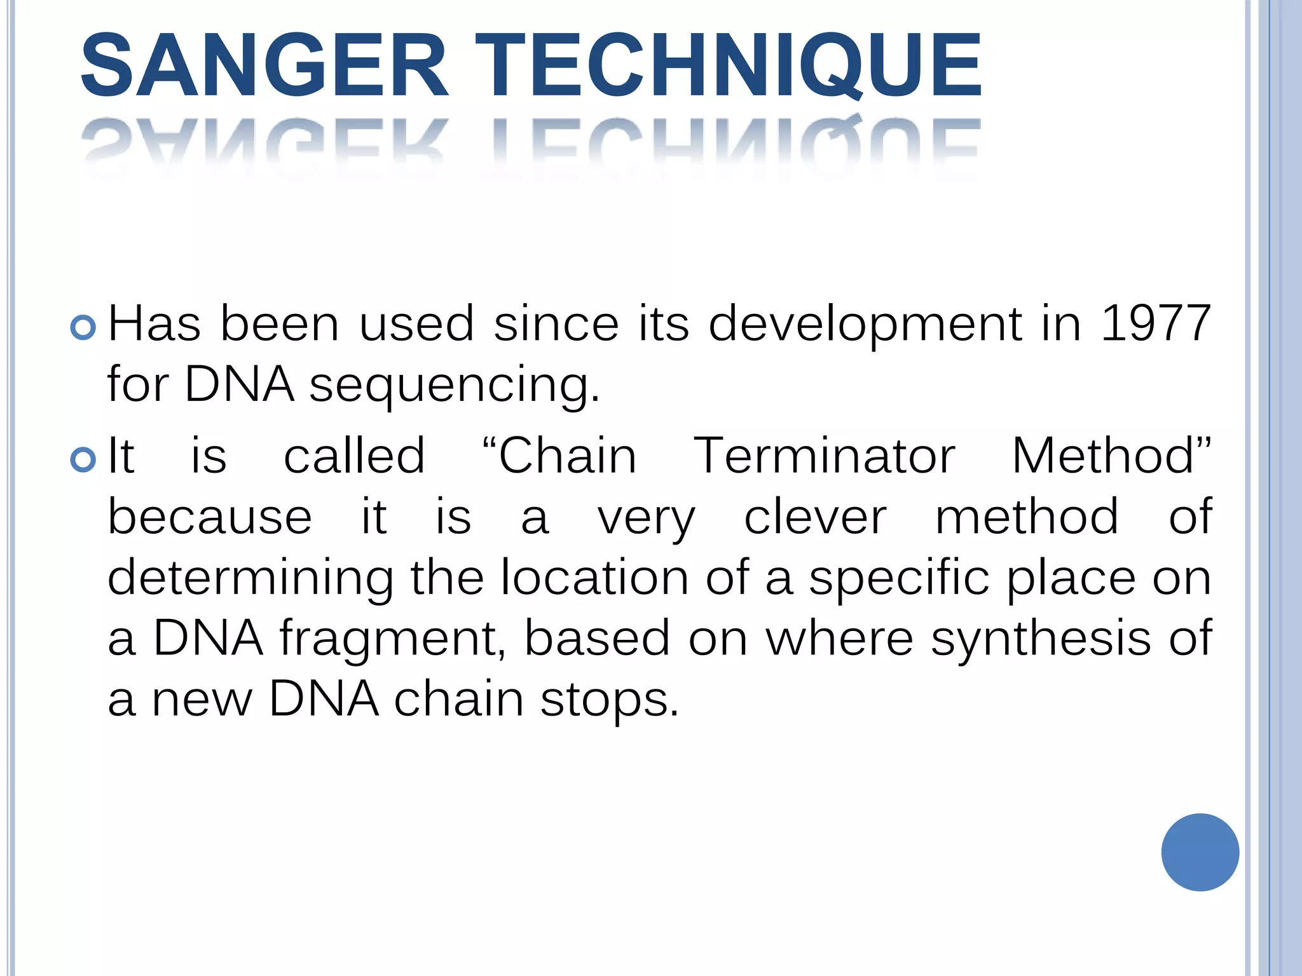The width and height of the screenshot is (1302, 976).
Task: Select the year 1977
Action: (1155, 323)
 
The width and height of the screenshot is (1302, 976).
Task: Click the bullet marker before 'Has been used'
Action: (83, 328)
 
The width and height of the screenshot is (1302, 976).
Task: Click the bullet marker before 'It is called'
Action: (83, 459)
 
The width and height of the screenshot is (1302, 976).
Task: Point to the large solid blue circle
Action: (1200, 852)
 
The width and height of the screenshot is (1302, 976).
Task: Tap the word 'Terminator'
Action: (823, 456)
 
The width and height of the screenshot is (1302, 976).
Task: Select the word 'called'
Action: (354, 456)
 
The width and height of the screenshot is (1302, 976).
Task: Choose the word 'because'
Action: (210, 517)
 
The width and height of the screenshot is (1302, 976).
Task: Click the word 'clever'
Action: (815, 517)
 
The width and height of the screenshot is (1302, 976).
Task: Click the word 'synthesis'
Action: (1041, 638)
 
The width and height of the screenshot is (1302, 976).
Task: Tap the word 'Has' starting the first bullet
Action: (154, 323)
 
